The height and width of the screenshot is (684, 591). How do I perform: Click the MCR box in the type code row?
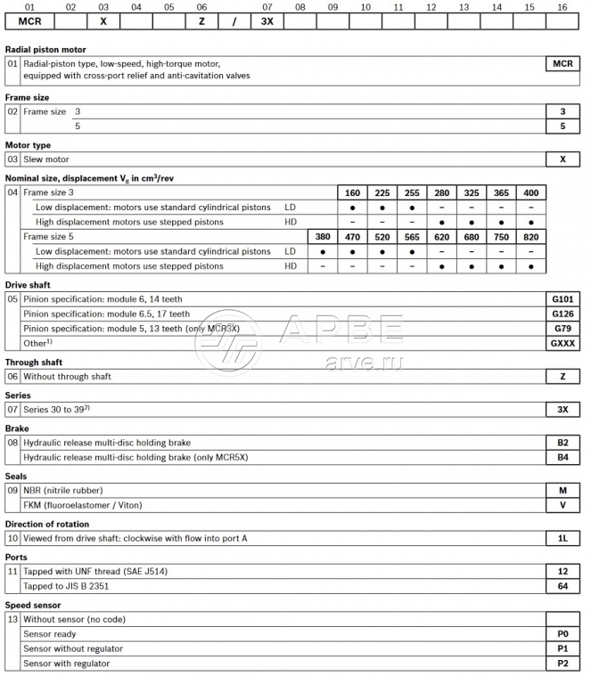(30, 20)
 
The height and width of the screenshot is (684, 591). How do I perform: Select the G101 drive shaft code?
(562, 299)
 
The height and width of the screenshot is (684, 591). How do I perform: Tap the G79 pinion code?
(562, 328)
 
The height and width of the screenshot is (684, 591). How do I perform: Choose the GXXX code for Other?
(562, 342)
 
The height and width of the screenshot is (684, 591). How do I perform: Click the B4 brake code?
(562, 457)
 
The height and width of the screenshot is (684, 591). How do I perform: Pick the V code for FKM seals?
(562, 505)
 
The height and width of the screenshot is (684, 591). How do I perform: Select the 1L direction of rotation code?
(562, 538)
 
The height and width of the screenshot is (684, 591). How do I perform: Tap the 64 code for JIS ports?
(562, 586)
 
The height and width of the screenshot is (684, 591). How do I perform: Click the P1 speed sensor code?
(562, 648)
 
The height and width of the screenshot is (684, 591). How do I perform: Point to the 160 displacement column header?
(353, 192)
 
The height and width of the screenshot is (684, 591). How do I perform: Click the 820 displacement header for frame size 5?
(531, 237)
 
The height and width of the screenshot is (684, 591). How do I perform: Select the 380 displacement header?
(322, 237)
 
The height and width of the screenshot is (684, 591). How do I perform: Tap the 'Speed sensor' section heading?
(34, 605)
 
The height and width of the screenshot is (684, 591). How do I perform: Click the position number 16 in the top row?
(562, 6)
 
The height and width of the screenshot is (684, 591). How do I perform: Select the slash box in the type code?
(234, 20)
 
